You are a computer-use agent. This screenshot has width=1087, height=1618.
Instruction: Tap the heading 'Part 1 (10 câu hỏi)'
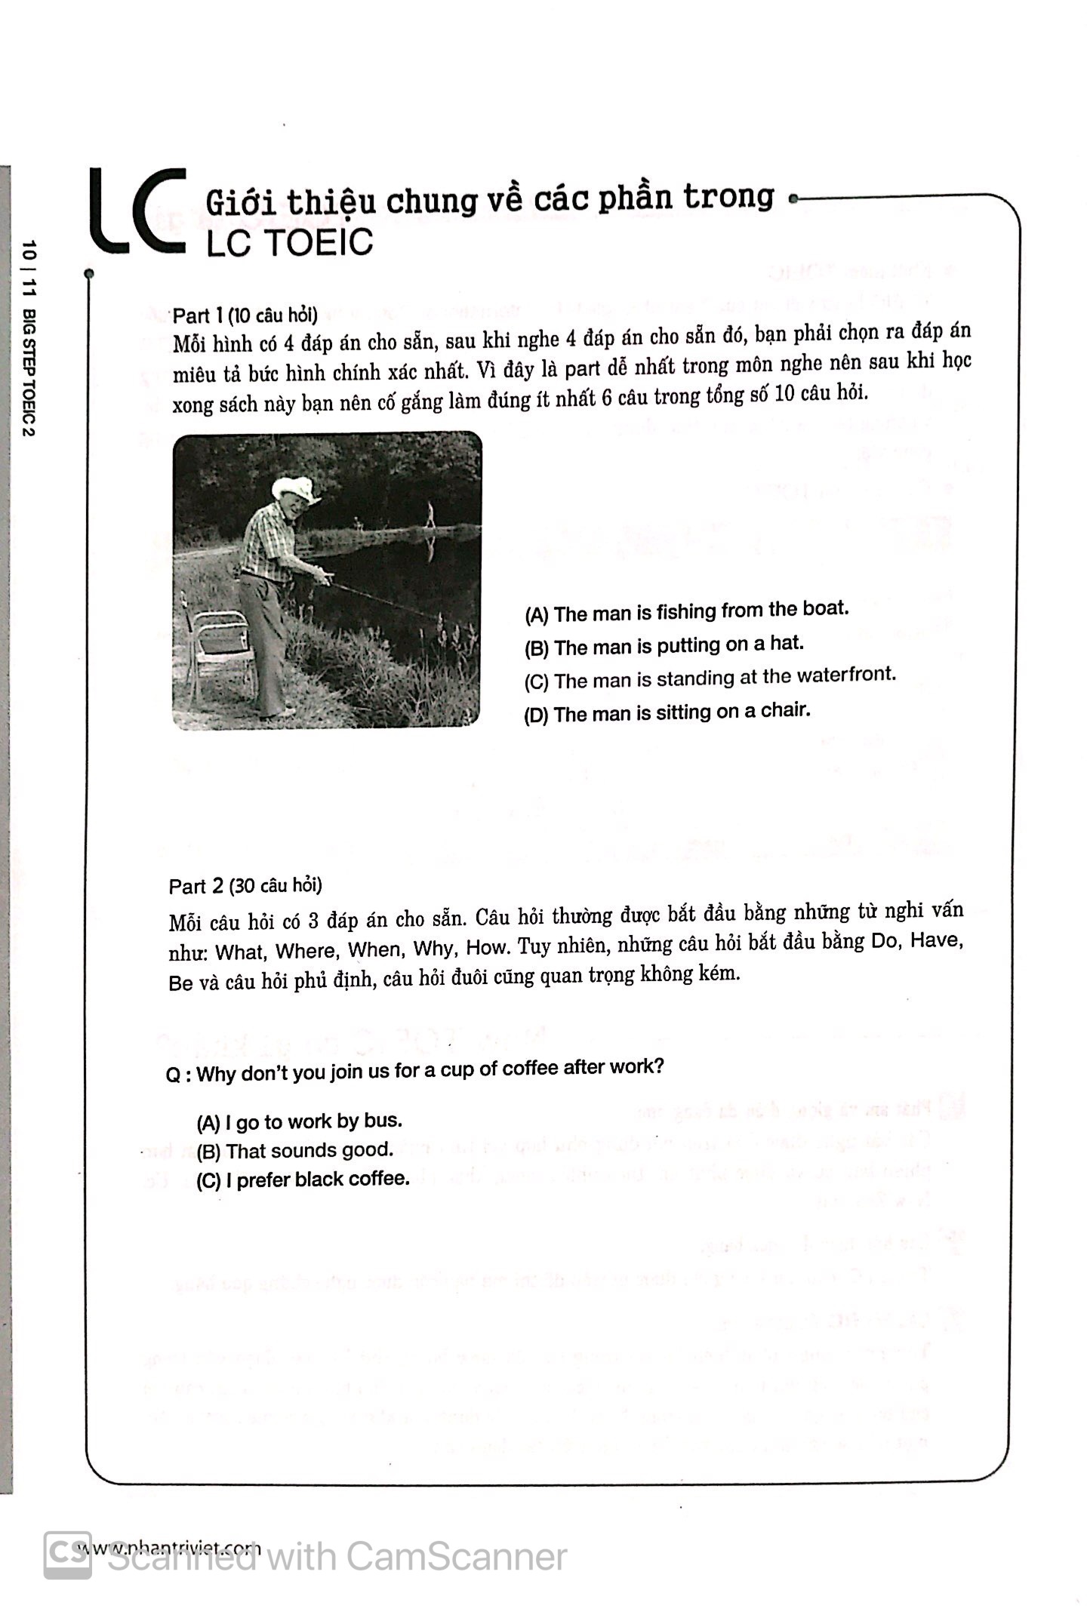(245, 315)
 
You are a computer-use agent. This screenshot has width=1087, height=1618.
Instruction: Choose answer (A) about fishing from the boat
(686, 611)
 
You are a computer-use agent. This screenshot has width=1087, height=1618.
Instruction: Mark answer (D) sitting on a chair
(667, 712)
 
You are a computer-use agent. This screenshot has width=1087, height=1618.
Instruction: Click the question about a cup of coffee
(415, 1070)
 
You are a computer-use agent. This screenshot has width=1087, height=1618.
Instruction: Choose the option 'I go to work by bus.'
(299, 1122)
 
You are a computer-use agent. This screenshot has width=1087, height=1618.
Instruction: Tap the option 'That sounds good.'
(295, 1151)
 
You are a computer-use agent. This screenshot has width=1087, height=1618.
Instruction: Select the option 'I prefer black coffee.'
(303, 1180)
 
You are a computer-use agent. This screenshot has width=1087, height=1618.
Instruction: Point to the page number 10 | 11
(29, 269)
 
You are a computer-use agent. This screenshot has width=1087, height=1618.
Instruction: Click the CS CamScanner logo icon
(67, 1555)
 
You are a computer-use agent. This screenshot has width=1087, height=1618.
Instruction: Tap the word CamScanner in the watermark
(456, 1557)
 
